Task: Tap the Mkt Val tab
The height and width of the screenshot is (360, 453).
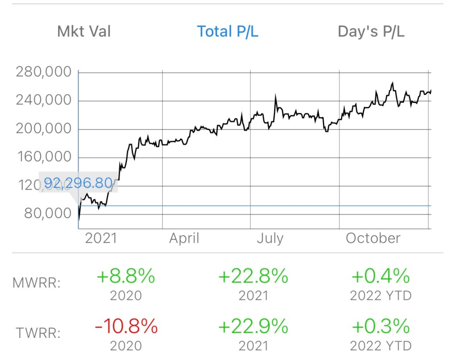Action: click(84, 31)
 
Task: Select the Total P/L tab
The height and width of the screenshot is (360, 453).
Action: click(227, 31)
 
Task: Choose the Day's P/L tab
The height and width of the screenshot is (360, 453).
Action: click(371, 31)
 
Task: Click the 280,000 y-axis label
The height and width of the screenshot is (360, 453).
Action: click(43, 72)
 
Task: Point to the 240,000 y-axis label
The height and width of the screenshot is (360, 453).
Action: click(43, 100)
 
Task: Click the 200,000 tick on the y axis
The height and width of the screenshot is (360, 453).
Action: click(43, 129)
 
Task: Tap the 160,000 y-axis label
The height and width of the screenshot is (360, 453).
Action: click(43, 157)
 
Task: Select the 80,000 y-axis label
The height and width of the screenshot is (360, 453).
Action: click(48, 214)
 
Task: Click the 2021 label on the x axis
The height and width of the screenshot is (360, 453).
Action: click(101, 238)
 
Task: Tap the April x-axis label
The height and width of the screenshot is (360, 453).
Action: click(184, 238)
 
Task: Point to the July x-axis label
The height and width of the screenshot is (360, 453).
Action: click(270, 238)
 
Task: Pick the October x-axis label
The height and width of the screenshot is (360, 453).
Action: click(373, 238)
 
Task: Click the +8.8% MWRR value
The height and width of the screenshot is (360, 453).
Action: click(126, 277)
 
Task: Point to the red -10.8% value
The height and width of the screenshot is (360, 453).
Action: click(126, 327)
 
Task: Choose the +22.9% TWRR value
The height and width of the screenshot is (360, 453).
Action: click(253, 327)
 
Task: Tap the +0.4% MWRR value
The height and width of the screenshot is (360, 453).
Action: click(380, 277)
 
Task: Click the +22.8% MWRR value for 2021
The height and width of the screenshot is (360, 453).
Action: click(253, 277)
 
